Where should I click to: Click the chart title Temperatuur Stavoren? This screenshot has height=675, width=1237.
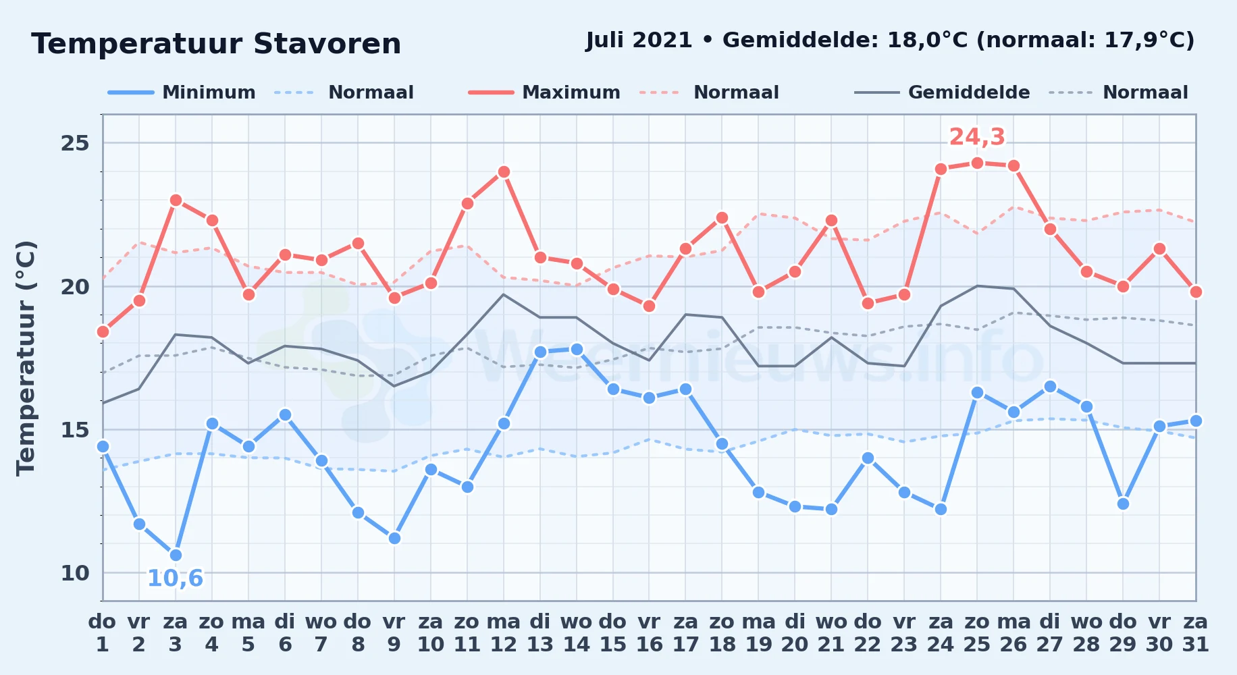[x=216, y=44]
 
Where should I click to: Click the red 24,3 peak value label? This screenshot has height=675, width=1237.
[x=977, y=137]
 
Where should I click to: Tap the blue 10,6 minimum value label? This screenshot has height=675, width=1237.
[x=175, y=578]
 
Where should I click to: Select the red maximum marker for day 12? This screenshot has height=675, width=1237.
[x=503, y=172]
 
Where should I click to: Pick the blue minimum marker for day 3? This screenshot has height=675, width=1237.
[x=176, y=556]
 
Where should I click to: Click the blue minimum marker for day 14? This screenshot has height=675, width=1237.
[x=576, y=350]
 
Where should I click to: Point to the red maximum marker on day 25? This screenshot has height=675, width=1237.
[x=977, y=163]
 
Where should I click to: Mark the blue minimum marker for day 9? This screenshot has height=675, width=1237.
[x=394, y=538]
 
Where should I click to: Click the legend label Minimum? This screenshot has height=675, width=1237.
[x=209, y=92]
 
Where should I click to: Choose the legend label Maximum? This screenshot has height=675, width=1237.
[x=571, y=92]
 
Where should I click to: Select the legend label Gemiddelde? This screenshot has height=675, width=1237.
[x=969, y=92]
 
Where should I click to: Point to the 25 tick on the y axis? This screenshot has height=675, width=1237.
[x=75, y=143]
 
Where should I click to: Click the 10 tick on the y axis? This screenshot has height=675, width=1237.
[x=75, y=573]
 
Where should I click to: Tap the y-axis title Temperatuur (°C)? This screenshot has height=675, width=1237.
[x=26, y=358]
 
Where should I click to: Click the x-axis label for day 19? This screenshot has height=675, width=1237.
[x=758, y=633]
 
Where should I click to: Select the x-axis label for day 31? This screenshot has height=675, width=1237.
[x=1196, y=633]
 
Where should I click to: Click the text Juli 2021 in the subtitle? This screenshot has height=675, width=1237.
[x=639, y=40]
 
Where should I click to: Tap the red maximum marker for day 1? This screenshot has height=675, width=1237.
[x=103, y=331]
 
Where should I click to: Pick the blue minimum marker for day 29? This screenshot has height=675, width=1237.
[x=1123, y=504]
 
